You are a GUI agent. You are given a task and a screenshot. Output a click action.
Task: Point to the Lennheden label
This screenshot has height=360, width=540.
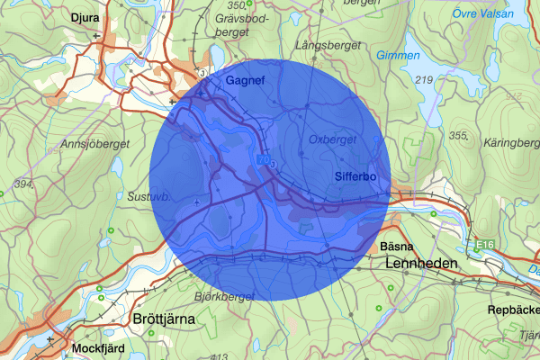coord(421,264)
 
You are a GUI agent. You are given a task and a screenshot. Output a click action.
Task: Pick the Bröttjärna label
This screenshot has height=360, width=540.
coord(163,319)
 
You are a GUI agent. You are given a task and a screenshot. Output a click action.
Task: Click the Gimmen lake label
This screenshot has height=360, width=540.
coord(399,56)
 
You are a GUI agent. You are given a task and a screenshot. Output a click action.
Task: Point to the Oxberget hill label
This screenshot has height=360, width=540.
coord(332,139)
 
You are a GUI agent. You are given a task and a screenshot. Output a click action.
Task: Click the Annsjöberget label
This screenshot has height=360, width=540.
coord(94,144)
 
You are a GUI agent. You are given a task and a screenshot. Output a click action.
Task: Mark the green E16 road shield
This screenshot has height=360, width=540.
coord(485,245)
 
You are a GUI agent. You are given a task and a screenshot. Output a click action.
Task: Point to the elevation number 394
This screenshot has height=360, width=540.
coord(23,184)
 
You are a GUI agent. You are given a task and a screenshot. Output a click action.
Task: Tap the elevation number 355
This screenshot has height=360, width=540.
coord(459,135)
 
